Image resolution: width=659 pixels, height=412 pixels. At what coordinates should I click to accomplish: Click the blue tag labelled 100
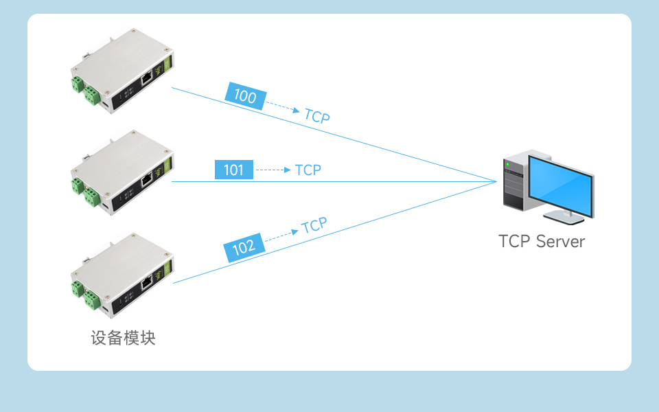tap(245, 96)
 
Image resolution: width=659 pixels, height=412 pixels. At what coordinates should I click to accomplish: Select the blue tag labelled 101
tap(234, 170)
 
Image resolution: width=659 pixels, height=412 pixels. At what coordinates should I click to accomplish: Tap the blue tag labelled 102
tap(244, 248)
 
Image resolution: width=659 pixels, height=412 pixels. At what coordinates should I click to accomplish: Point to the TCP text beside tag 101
tap(308, 170)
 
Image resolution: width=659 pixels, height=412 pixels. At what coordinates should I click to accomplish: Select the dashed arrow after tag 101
tap(273, 170)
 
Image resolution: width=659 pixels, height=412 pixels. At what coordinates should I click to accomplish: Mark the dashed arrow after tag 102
tap(281, 235)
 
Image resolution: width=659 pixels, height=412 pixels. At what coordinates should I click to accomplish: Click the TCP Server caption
tap(542, 242)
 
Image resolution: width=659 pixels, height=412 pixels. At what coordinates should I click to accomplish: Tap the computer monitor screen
tap(561, 185)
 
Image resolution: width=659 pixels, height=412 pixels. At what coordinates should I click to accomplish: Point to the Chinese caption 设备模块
tap(124, 339)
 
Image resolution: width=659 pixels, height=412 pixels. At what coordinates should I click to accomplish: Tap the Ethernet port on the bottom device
tap(147, 282)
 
